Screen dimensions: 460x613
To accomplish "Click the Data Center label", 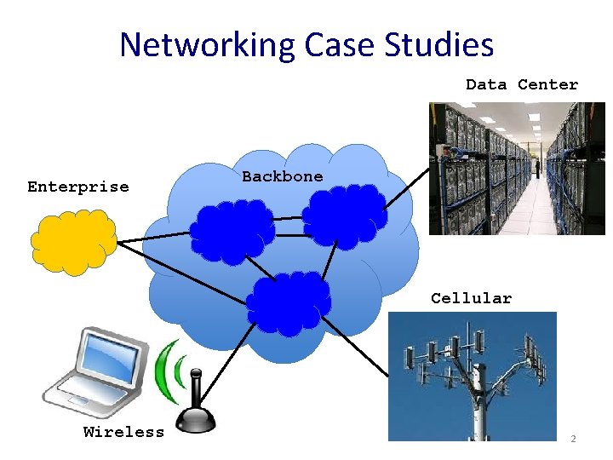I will tap(521, 84).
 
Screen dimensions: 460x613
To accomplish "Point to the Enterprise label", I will tap(78, 187).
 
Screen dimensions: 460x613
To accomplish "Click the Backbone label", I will tap(283, 176).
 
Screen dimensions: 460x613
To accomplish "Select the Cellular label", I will tap(471, 298).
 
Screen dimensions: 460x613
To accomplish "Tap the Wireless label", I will tap(124, 432).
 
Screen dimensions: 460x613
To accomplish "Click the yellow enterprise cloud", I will tap(73, 241).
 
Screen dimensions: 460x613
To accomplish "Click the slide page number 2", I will tap(573, 439).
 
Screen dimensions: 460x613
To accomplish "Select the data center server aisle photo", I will tap(516, 168).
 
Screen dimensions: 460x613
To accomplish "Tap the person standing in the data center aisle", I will tap(537, 164).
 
